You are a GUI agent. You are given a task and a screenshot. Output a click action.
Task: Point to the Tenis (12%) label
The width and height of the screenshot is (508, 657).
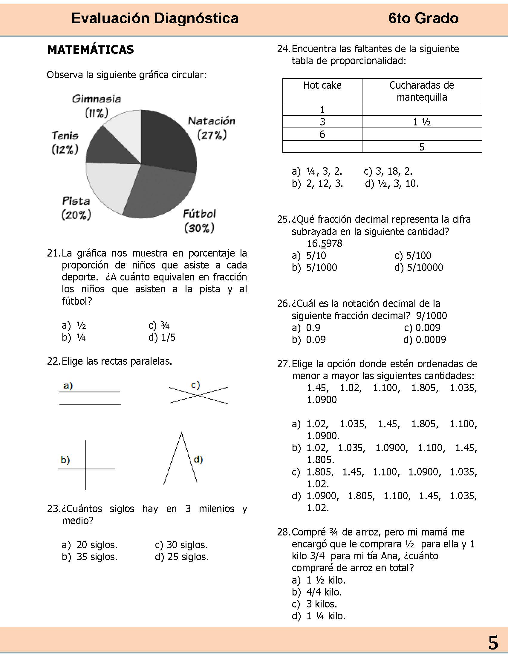65,142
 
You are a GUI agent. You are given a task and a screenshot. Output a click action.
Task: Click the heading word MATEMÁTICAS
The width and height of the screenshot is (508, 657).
90,50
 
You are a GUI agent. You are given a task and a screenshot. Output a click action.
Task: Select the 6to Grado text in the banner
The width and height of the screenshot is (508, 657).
423,18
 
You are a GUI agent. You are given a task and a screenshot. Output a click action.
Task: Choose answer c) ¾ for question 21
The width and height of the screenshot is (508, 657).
159,326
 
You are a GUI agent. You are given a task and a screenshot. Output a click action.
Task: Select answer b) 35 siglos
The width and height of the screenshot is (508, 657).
90,557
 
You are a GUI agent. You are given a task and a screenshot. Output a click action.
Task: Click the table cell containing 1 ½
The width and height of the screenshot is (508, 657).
422,122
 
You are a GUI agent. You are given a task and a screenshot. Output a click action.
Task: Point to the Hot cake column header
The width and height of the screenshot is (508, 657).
322,86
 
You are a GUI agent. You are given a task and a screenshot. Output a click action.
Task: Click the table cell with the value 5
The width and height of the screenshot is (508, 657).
422,147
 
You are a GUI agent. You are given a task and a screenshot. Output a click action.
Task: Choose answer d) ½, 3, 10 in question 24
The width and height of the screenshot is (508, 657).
392,183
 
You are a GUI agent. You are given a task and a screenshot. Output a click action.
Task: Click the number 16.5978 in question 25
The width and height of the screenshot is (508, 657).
325,243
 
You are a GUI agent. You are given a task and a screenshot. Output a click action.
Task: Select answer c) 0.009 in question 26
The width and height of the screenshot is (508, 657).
422,328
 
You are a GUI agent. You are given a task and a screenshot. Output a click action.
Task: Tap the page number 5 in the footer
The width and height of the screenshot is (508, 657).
493,643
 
